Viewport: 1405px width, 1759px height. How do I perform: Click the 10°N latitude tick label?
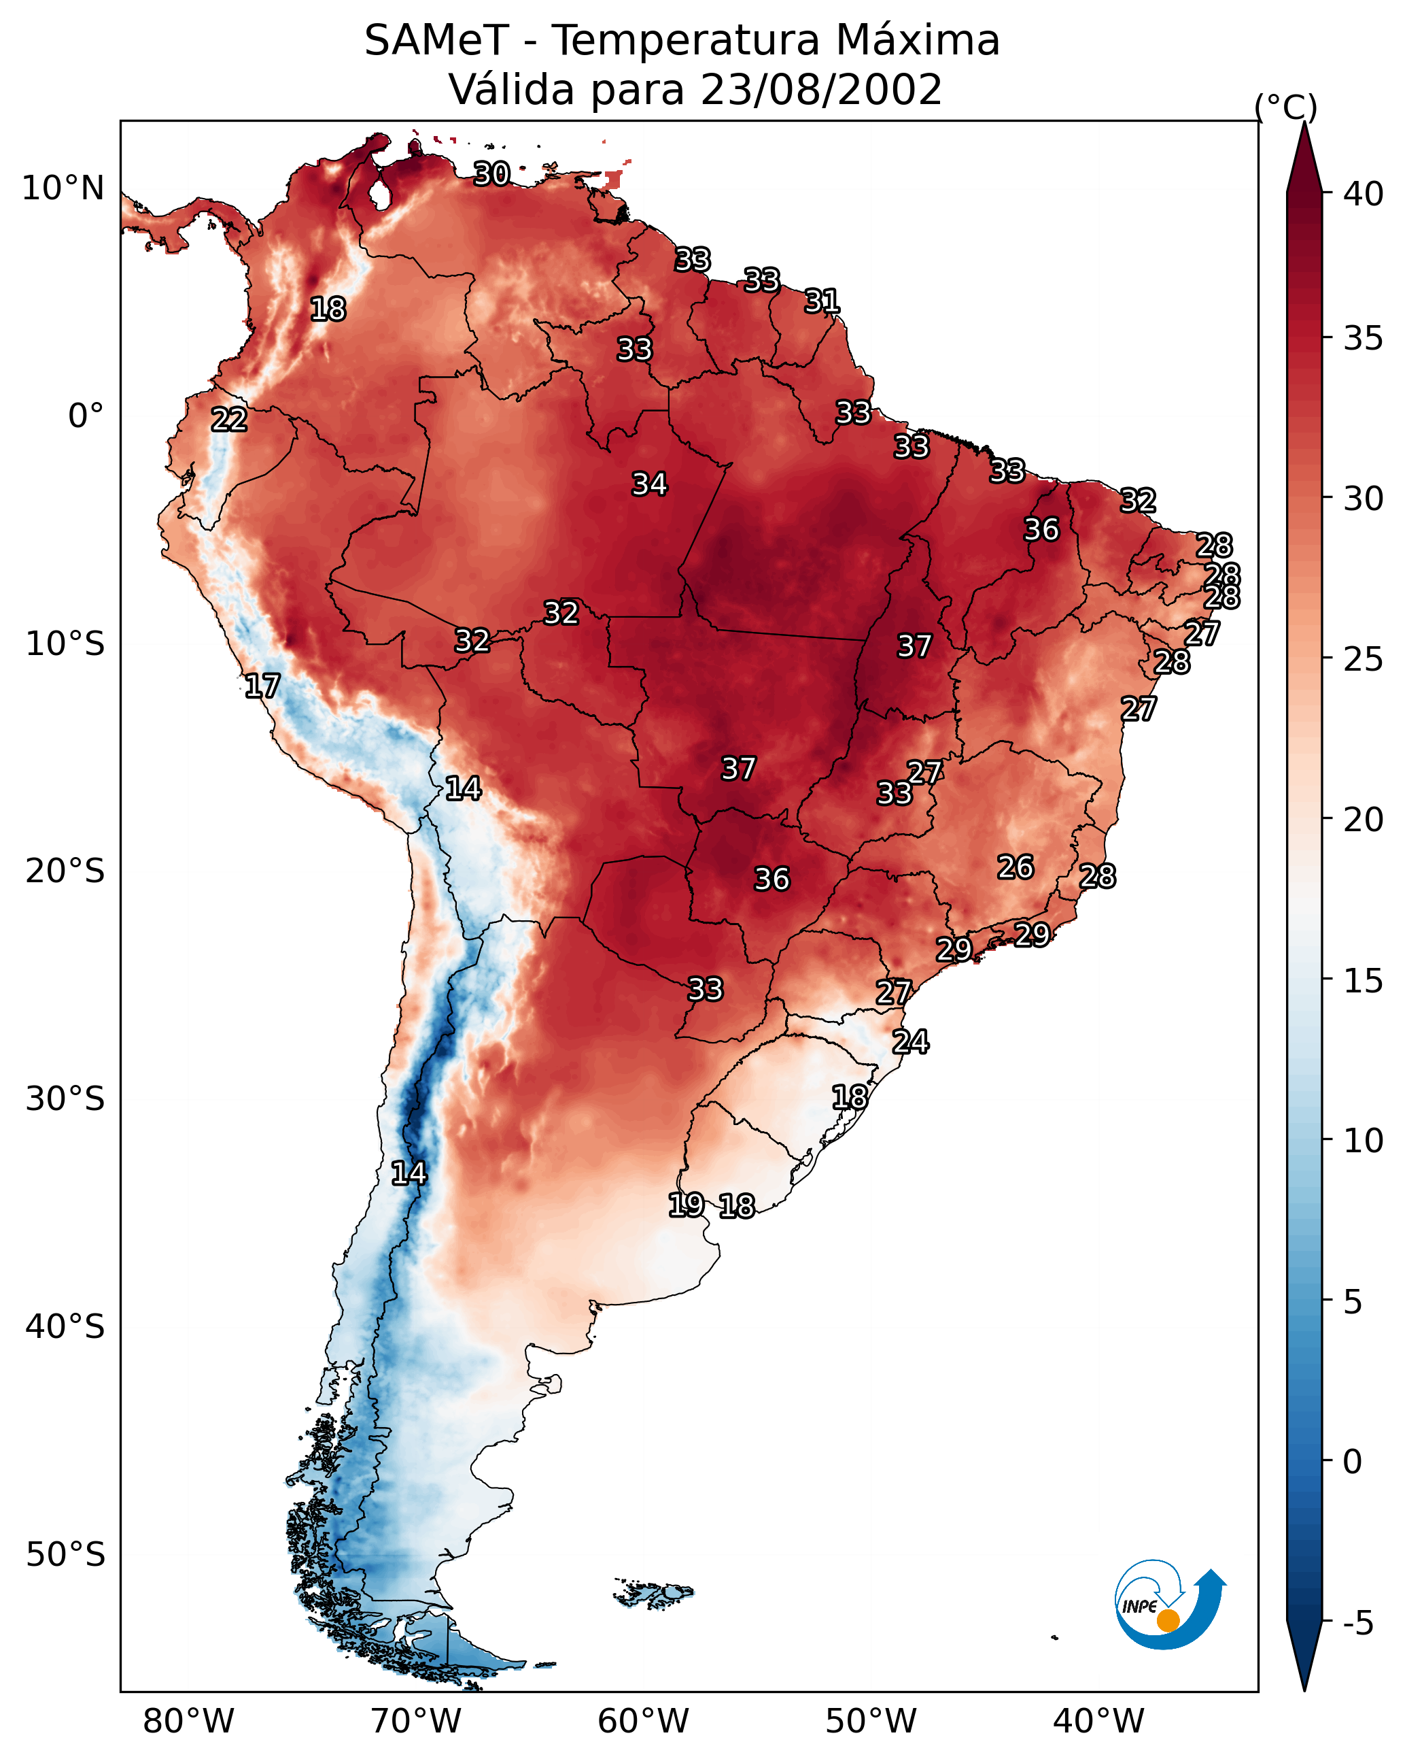coord(63,188)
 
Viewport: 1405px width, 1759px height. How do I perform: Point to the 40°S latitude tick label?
coord(65,1326)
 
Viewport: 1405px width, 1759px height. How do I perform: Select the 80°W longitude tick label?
coord(188,1721)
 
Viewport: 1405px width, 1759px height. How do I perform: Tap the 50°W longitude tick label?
coord(871,1721)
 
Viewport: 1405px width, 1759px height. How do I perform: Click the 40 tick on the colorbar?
coord(1364,194)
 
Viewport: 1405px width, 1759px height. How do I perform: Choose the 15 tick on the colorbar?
coord(1364,981)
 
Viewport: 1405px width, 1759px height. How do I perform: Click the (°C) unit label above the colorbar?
coord(1286,107)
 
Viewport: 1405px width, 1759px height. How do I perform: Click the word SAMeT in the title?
coord(436,41)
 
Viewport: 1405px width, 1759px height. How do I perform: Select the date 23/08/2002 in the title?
coord(820,90)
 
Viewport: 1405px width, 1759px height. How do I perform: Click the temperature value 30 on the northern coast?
coord(491,173)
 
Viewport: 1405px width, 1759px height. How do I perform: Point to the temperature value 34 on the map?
coord(649,484)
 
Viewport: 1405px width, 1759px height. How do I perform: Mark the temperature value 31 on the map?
coord(822,301)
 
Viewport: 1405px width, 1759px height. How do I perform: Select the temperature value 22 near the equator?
coord(229,420)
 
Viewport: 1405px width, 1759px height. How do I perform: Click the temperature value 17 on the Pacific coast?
coord(262,686)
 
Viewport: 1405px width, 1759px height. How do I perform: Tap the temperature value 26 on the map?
coord(1016,867)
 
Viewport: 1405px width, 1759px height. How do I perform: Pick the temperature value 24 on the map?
coord(910,1042)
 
